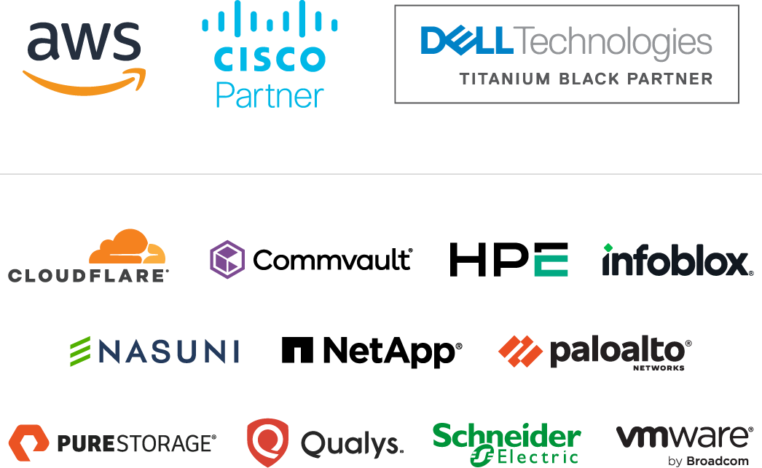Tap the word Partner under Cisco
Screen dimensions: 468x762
pos(270,95)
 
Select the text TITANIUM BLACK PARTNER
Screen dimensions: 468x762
pos(586,79)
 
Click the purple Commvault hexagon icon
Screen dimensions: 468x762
pos(227,259)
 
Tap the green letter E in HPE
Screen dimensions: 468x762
pos(551,260)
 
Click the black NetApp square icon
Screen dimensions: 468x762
pos(297,351)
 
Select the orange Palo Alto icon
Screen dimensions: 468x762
pos(520,352)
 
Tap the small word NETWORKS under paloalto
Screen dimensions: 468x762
pos(659,368)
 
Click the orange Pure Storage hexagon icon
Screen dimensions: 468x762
pos(28,442)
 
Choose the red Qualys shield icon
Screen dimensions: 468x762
pos(267,442)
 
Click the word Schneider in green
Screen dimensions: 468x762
pos(506,437)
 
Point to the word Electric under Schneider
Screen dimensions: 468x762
pos(537,457)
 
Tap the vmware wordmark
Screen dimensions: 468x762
pos(684,437)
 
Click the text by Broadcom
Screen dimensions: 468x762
pos(708,461)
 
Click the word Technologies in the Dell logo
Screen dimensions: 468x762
pos(613,42)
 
